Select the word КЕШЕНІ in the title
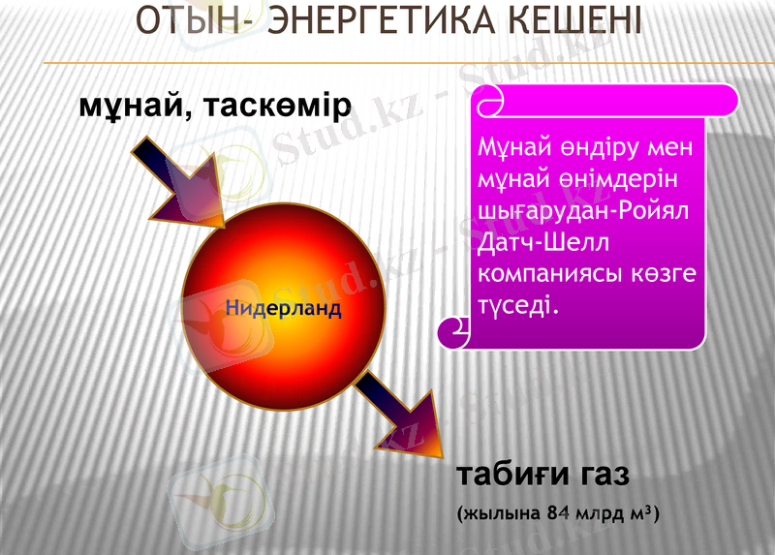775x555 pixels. [573, 20]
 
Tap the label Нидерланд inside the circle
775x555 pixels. [284, 309]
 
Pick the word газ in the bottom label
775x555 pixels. [606, 476]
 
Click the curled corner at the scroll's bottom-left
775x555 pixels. [453, 332]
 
